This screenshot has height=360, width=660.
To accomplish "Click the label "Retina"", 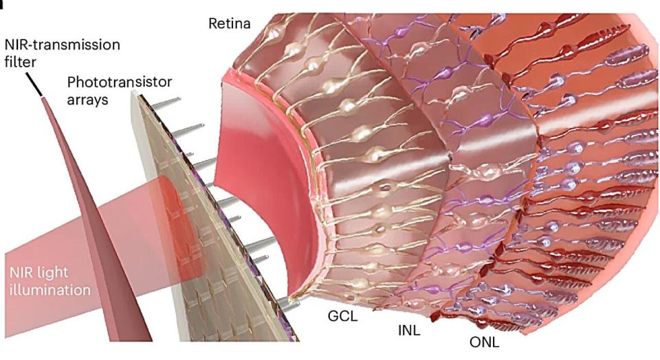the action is pos(230,23).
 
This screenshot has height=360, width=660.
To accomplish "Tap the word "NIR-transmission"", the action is pos(63,45).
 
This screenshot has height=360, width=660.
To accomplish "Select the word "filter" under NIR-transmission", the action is pos(20,63).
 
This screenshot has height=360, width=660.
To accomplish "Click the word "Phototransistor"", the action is pos(119,82).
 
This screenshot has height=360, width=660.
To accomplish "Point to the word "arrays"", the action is pos(87,100).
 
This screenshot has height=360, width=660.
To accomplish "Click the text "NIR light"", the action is pos(38,273).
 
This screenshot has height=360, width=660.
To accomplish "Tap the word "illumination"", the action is pos(50,290).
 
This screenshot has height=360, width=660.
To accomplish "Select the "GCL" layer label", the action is pos(342,316).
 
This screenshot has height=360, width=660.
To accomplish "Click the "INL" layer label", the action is pos(408,330).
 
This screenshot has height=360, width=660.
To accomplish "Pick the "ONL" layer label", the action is pos(485,342).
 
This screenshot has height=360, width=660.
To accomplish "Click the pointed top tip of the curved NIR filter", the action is pos(42,97).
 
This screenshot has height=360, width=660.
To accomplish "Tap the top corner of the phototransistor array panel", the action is pos(135,91).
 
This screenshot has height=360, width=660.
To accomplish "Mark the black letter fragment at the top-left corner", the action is pos(2,4).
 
